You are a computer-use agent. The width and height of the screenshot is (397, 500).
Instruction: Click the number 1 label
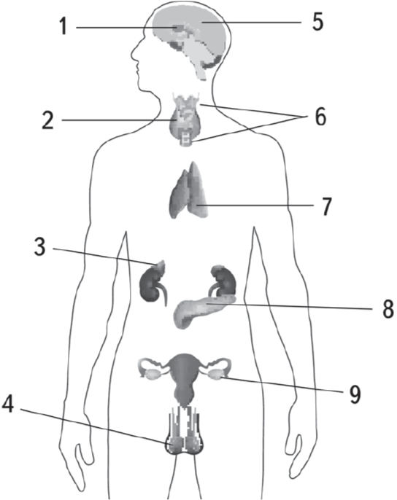(x=64, y=26)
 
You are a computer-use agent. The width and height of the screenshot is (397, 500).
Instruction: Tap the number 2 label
(x=48, y=120)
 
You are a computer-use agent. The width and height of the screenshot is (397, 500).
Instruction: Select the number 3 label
(x=40, y=247)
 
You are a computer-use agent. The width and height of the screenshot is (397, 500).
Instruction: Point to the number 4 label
(x=8, y=405)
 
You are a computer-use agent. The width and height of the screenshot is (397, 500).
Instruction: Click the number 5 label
(x=317, y=22)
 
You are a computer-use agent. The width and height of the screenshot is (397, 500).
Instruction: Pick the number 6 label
(x=320, y=117)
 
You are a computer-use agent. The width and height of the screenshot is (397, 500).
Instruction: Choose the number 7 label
(x=325, y=206)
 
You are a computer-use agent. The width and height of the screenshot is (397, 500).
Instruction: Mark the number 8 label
(x=388, y=309)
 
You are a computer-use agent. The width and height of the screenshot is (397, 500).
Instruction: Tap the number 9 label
(x=355, y=394)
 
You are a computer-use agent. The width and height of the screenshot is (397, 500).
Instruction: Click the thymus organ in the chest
(x=188, y=191)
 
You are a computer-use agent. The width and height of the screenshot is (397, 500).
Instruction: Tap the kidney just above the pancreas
(x=223, y=280)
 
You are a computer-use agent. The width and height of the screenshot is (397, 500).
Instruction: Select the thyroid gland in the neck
(x=185, y=122)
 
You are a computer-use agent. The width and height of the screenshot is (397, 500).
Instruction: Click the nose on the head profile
(x=134, y=54)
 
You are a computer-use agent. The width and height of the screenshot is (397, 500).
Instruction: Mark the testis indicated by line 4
(x=174, y=444)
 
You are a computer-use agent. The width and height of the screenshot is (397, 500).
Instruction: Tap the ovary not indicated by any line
(x=152, y=373)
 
